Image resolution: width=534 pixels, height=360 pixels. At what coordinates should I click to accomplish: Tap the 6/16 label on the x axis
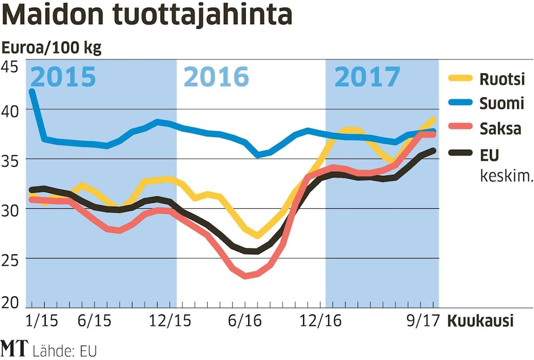245,322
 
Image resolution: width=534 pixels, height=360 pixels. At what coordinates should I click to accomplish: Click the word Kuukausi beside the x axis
480,322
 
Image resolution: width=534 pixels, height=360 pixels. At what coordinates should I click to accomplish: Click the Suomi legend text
502,104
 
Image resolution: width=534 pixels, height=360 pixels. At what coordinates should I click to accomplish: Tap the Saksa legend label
501,128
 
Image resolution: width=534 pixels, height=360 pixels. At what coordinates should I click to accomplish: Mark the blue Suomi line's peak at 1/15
32,91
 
